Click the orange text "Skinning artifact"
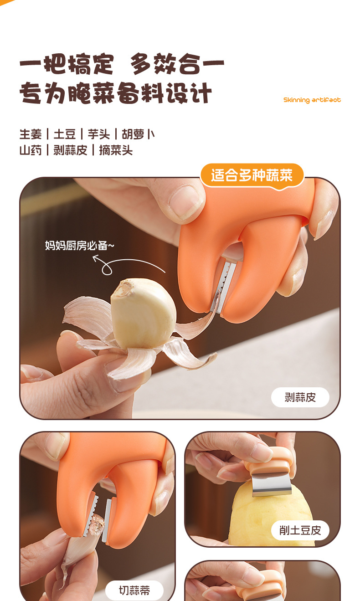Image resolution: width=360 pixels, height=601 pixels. point(312,100)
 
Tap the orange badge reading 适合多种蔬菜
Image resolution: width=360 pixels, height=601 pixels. point(252,176)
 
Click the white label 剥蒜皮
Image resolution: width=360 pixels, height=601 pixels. point(300,397)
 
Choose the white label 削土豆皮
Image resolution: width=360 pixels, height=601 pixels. point(300,530)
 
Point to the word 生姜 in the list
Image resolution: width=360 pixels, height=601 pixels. point(31,134)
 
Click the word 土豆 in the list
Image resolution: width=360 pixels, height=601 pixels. point(65,134)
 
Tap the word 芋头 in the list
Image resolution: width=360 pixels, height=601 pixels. point(99,134)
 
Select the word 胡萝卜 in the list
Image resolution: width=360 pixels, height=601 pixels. point(138,134)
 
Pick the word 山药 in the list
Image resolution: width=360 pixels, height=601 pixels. point(31,150)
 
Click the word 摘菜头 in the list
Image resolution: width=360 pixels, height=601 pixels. point(116,150)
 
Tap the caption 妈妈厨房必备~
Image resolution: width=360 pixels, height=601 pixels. point(79,245)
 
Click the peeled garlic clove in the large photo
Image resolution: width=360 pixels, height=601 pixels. point(144,313)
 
